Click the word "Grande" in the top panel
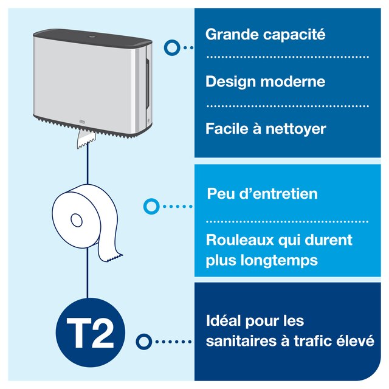(232, 35)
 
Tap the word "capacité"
(294, 35)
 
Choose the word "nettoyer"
(296, 129)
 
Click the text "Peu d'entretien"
(262, 193)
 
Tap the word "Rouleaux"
(239, 240)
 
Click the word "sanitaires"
(241, 341)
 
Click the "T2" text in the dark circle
(90, 332)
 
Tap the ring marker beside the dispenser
(172, 47)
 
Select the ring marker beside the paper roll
(151, 206)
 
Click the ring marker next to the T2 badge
(143, 342)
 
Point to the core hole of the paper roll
(77, 220)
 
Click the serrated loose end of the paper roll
(115, 258)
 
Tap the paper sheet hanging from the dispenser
(86, 139)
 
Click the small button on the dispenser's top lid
(92, 37)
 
